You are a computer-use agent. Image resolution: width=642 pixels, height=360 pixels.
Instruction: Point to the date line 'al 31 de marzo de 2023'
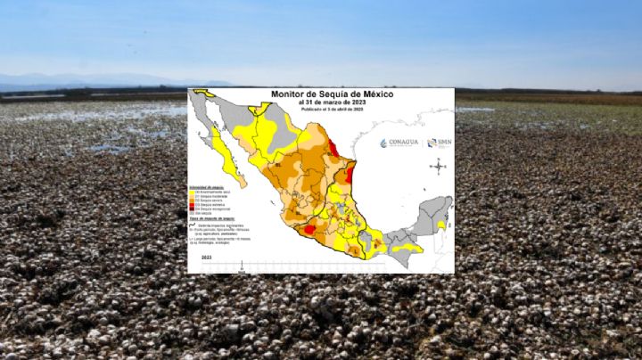pos(320,102)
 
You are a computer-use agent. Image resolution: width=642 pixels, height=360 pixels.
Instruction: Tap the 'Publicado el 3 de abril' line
pos(320,109)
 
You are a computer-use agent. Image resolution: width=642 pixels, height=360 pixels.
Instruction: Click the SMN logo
pos(438,143)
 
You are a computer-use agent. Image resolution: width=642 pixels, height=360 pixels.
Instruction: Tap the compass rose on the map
pos(440,165)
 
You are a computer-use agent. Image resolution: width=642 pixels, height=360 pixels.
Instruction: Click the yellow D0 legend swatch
pos(193,192)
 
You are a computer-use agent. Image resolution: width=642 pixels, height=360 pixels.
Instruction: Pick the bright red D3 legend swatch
pos(193,208)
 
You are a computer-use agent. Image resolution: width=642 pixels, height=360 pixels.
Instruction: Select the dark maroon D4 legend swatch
pos(193,213)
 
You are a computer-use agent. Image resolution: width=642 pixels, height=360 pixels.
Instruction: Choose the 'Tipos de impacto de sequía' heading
pos(214,224)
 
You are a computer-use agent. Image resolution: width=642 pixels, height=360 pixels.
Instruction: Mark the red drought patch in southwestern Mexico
pos(309,230)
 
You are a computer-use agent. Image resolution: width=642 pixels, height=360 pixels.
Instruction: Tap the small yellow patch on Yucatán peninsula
pos(440,225)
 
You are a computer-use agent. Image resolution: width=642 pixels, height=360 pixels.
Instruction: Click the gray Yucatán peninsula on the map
pos(432,212)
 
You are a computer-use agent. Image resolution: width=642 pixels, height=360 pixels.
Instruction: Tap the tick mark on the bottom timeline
pos(241,266)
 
